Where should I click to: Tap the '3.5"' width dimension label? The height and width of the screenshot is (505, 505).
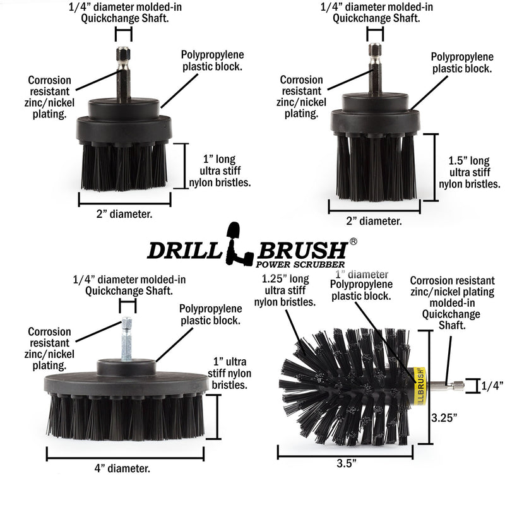346,463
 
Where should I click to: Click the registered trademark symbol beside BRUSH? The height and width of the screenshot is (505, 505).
353,241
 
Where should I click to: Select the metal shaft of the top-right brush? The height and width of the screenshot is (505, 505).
374,71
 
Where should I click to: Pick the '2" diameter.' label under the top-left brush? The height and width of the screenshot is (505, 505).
124,214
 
